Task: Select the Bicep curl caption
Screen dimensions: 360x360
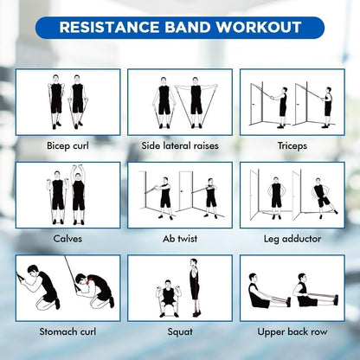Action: point(67,145)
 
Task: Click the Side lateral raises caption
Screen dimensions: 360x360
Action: point(180,145)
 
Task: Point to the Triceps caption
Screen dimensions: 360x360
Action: point(292,145)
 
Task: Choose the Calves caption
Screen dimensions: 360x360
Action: point(67,238)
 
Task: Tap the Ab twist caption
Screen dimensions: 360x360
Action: point(180,238)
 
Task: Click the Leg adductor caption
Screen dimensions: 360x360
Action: point(292,238)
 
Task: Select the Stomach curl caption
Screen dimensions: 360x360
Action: point(67,331)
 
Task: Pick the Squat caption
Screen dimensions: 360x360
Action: point(180,331)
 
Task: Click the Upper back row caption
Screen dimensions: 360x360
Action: point(292,331)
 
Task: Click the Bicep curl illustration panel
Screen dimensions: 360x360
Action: point(67,101)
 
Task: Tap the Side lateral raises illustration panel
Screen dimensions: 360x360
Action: point(180,101)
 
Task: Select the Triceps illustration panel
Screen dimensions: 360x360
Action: point(292,101)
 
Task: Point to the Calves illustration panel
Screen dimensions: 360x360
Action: point(67,195)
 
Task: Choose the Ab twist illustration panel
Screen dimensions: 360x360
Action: point(180,195)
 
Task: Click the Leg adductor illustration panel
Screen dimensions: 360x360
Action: point(292,195)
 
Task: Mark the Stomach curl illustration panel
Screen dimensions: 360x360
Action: point(67,287)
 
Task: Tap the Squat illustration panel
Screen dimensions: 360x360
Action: point(180,287)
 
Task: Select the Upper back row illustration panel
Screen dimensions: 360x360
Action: point(292,287)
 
